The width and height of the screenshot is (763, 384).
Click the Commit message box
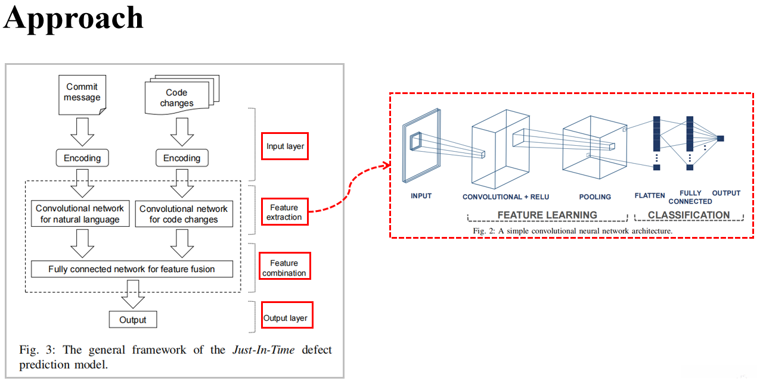click(82, 95)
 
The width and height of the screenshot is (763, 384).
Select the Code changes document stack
click(182, 95)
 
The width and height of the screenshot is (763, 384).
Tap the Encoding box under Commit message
click(82, 158)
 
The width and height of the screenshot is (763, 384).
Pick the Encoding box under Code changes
click(182, 158)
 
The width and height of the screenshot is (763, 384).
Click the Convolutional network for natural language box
click(80, 214)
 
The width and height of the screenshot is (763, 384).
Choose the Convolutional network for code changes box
click(184, 214)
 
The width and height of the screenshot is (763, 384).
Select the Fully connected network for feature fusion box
click(132, 269)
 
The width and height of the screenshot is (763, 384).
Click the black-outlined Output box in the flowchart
click(133, 319)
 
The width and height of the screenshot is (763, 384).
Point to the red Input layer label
click(285, 146)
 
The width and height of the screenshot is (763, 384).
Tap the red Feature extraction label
click(285, 212)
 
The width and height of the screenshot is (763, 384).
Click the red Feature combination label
click(285, 266)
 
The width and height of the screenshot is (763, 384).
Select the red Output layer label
click(287, 315)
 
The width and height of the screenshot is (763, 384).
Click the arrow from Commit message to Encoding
click(82, 132)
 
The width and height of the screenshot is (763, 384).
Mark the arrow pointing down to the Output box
click(133, 294)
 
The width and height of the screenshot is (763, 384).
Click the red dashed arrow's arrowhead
click(387, 166)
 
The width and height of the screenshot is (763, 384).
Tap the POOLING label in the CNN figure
click(595, 197)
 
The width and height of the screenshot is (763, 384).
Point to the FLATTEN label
click(650, 195)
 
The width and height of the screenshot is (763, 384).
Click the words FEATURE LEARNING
click(547, 215)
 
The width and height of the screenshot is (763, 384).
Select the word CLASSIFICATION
click(688, 215)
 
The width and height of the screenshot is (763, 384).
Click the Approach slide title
click(73, 18)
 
